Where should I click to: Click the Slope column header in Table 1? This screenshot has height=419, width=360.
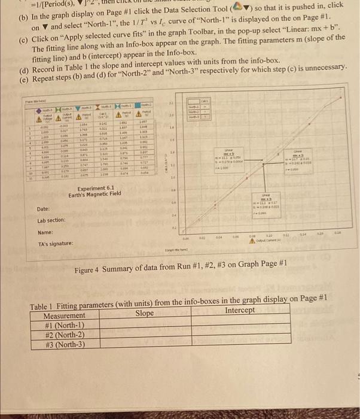tap(145, 315)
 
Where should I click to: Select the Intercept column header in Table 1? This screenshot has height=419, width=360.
tap(241, 311)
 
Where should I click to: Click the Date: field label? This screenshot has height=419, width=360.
tap(44, 209)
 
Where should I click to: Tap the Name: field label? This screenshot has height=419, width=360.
tap(45, 232)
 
